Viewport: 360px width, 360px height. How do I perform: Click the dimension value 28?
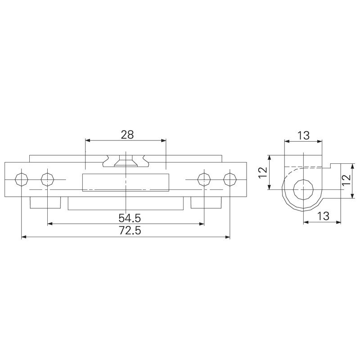coord(127,134)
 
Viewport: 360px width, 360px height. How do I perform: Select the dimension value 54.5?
coord(130,218)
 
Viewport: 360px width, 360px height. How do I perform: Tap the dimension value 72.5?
coord(130,231)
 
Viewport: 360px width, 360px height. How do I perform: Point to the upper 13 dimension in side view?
coord(303,135)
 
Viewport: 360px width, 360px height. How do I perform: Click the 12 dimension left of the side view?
coord(263,172)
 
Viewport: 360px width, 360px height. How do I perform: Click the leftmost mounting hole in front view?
coord(21,180)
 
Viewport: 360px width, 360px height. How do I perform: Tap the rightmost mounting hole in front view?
coord(230,180)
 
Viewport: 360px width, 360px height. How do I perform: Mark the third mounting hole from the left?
coord(204,180)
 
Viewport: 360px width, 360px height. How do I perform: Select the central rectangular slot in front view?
coord(126,182)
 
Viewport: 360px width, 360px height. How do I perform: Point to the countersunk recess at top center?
coord(126,162)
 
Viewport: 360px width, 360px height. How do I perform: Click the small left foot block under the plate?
coord(45,203)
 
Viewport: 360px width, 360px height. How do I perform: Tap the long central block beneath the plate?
coord(126,204)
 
